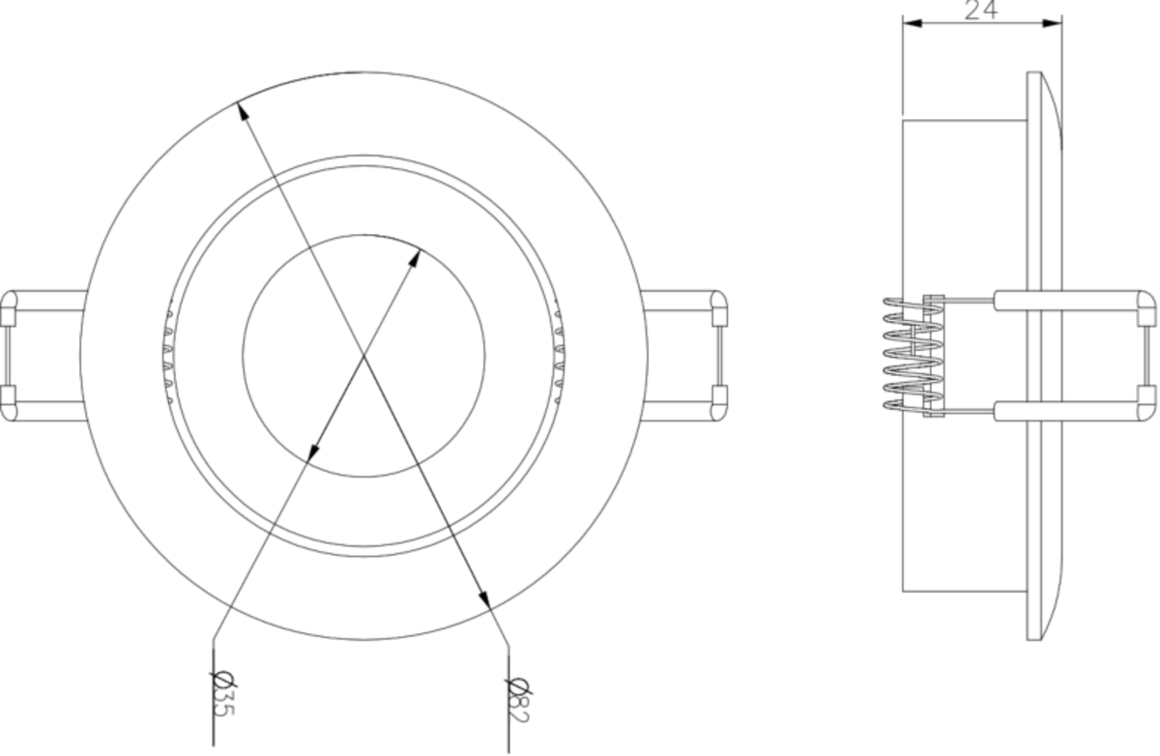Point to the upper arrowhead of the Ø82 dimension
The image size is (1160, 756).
(x=243, y=109)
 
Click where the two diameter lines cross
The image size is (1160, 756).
(x=365, y=355)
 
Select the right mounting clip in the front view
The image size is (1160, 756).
(x=688, y=355)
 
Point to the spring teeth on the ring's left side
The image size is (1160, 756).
(x=168, y=355)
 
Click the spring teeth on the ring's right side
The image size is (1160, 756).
(x=558, y=355)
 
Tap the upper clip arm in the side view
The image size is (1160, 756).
(x=1073, y=301)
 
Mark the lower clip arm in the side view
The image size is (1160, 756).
(x=1073, y=410)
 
